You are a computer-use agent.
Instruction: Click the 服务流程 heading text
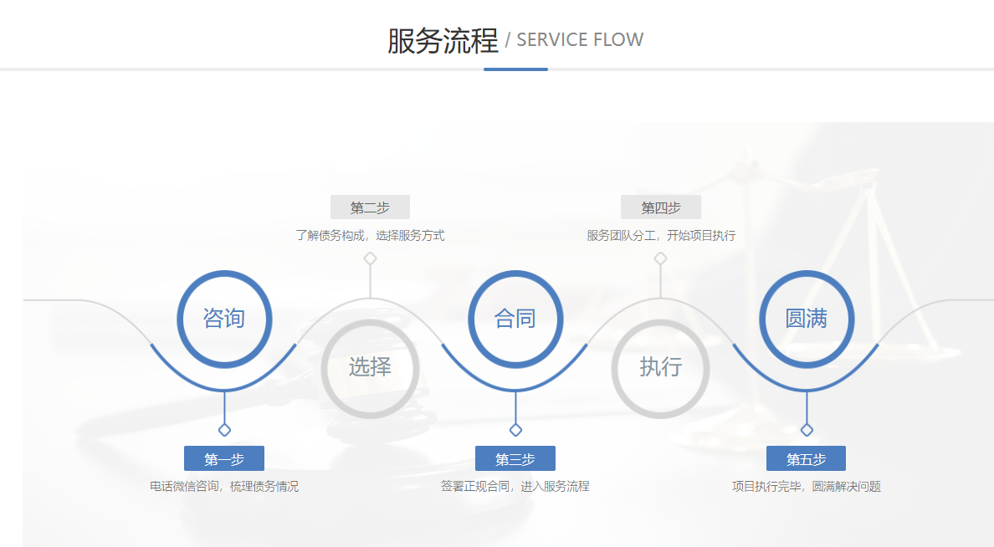pyautogui.click(x=442, y=40)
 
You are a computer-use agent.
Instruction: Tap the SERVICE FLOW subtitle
pyautogui.click(x=580, y=40)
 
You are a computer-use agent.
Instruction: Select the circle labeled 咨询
pyautogui.click(x=223, y=319)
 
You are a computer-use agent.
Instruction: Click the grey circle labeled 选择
pyautogui.click(x=370, y=367)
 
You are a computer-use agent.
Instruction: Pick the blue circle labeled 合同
pyautogui.click(x=515, y=319)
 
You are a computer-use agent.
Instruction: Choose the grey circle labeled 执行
pyautogui.click(x=660, y=367)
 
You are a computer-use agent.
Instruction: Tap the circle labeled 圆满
pyautogui.click(x=806, y=319)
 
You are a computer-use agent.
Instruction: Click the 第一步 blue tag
pyautogui.click(x=224, y=458)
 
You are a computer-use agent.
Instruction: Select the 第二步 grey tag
pyautogui.click(x=370, y=207)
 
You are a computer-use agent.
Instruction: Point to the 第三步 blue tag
pyautogui.click(x=515, y=458)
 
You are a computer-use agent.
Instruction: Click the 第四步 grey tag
pyautogui.click(x=660, y=207)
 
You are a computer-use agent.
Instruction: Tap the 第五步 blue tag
pyautogui.click(x=806, y=458)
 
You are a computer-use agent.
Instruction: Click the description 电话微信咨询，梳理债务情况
pyautogui.click(x=224, y=487)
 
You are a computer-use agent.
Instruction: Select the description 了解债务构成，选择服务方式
pyautogui.click(x=370, y=236)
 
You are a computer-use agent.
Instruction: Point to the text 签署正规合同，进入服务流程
pyautogui.click(x=515, y=487)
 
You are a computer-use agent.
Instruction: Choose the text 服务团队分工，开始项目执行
pyautogui.click(x=661, y=236)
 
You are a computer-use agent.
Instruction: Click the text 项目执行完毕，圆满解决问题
pyautogui.click(x=807, y=487)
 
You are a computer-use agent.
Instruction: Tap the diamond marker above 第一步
pyautogui.click(x=224, y=430)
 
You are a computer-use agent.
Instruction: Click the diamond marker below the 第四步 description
pyautogui.click(x=660, y=258)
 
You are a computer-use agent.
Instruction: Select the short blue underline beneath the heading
pyautogui.click(x=515, y=69)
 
